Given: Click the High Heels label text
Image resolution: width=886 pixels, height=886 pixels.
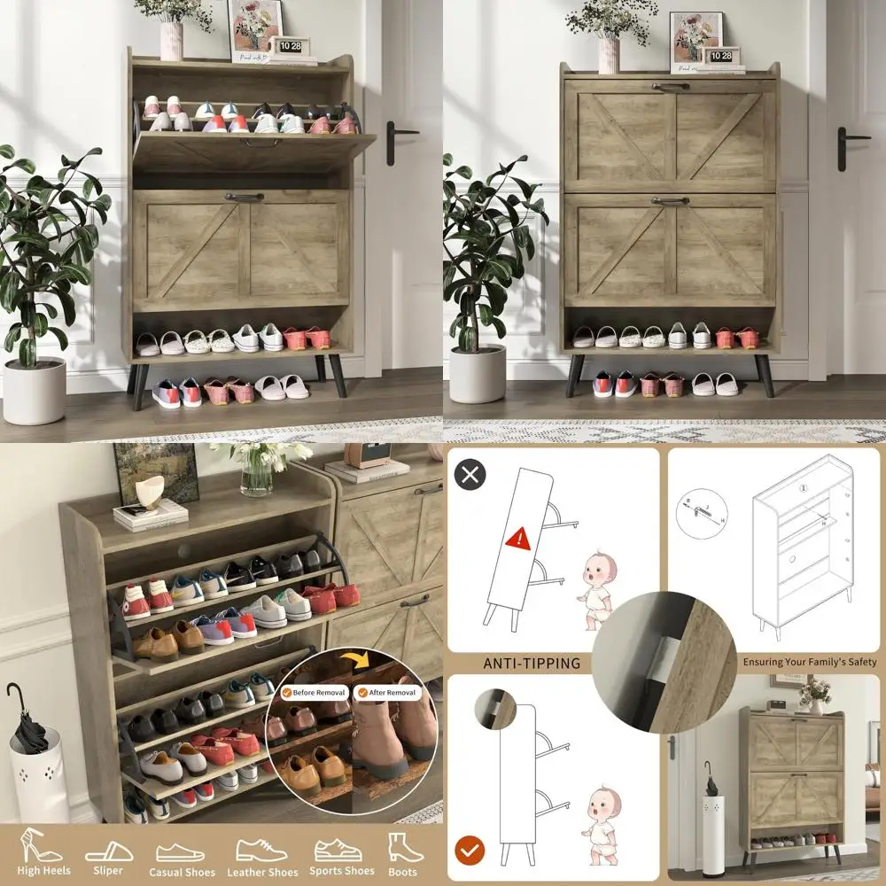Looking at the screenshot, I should pyautogui.click(x=44, y=871).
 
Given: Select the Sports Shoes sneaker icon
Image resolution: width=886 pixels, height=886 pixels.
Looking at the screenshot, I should pyautogui.click(x=338, y=851).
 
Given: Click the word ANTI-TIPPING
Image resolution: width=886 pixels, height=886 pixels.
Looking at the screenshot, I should pyautogui.click(x=532, y=663).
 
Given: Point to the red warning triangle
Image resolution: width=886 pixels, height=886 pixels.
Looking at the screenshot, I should pyautogui.click(x=517, y=537).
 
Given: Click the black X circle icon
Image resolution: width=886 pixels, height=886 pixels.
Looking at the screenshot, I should pyautogui.click(x=470, y=474).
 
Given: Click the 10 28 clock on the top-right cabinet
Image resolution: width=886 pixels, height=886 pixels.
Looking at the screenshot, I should pyautogui.click(x=720, y=55).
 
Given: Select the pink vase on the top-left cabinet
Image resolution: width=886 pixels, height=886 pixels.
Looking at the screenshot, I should pyautogui.click(x=171, y=40).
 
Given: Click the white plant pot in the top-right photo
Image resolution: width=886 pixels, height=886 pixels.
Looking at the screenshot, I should pyautogui.click(x=478, y=373).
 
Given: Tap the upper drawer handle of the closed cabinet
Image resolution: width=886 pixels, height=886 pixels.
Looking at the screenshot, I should pyautogui.click(x=671, y=87).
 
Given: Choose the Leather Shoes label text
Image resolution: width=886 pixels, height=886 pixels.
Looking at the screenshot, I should pyautogui.click(x=262, y=872).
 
